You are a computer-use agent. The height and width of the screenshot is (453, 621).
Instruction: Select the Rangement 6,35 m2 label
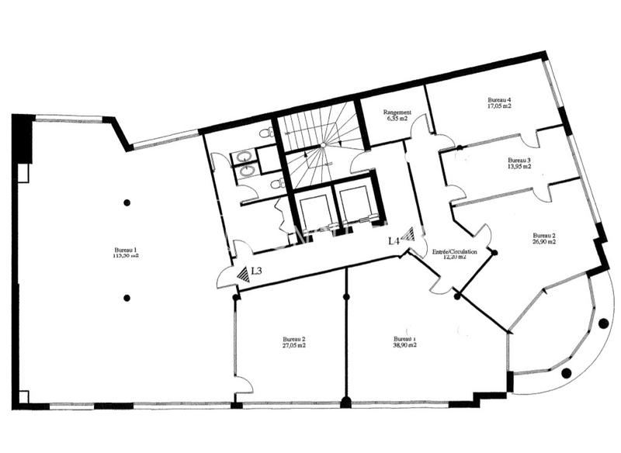[x=397, y=116]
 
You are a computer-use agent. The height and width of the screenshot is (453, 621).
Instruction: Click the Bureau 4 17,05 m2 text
[x=499, y=104]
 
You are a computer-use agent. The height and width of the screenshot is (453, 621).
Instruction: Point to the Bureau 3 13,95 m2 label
[x=519, y=163]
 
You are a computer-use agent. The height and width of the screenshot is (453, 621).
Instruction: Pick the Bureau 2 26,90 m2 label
[x=543, y=238]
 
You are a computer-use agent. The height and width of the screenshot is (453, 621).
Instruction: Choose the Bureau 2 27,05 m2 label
[x=293, y=343]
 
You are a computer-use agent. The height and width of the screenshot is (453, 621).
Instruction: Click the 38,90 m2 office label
[x=404, y=342]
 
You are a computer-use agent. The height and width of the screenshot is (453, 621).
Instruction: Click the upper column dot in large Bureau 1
[x=126, y=202]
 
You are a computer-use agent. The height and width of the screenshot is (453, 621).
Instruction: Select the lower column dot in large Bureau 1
[x=126, y=297]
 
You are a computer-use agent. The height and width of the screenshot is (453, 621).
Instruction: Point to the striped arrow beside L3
[x=242, y=273]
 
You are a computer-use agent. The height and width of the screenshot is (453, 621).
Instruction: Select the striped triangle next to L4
[x=408, y=233]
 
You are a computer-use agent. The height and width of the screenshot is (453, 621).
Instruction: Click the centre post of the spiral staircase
[x=321, y=145]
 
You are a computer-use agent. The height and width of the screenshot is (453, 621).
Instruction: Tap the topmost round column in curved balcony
[x=603, y=323]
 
